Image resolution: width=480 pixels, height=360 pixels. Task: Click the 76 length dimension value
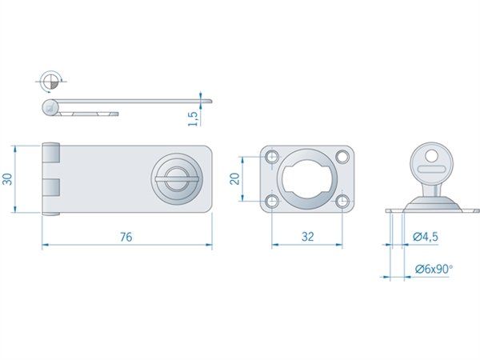tap(126, 237)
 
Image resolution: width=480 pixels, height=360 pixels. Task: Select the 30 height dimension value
tap(7, 179)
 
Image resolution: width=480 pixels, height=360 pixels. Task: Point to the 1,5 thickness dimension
tap(193, 118)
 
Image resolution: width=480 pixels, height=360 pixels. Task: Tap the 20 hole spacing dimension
tap(234, 178)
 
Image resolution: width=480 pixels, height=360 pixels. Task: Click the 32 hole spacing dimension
tap(308, 237)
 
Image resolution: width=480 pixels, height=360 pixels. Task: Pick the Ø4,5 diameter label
tap(426, 237)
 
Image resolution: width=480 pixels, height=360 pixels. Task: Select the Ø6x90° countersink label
tap(434, 269)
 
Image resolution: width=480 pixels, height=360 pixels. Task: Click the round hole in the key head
tap(432, 155)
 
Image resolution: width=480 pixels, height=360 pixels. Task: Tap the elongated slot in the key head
tap(431, 169)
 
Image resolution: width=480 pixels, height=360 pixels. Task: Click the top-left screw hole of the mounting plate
tap(272, 157)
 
